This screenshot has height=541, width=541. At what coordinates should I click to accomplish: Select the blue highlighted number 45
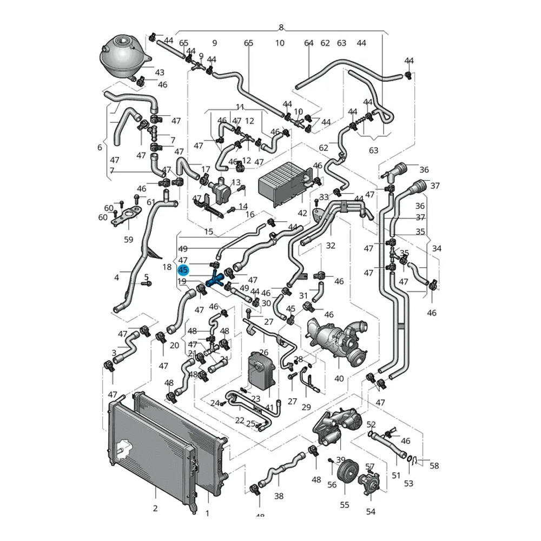[183, 270]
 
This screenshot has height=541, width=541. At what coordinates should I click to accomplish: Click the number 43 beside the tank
[160, 72]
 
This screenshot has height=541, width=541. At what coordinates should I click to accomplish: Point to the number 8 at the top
[281, 28]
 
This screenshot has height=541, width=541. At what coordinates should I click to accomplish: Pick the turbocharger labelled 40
[335, 338]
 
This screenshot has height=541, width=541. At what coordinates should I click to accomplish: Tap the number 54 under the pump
[371, 512]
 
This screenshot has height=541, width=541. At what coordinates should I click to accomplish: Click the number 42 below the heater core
[302, 213]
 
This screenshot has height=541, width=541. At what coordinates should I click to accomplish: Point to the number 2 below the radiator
[155, 508]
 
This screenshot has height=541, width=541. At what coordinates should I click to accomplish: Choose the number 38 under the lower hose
[279, 496]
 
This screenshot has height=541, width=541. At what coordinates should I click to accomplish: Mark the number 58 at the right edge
[434, 465]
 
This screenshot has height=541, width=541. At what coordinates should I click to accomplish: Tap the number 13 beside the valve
[236, 183]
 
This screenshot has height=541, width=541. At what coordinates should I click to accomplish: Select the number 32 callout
[331, 246]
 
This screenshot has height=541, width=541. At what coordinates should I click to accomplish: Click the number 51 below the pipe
[397, 476]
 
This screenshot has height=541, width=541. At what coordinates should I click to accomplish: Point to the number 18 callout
[167, 267]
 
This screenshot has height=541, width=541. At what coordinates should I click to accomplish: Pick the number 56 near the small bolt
[332, 485]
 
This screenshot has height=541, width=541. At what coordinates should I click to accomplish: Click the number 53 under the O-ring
[408, 483]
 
